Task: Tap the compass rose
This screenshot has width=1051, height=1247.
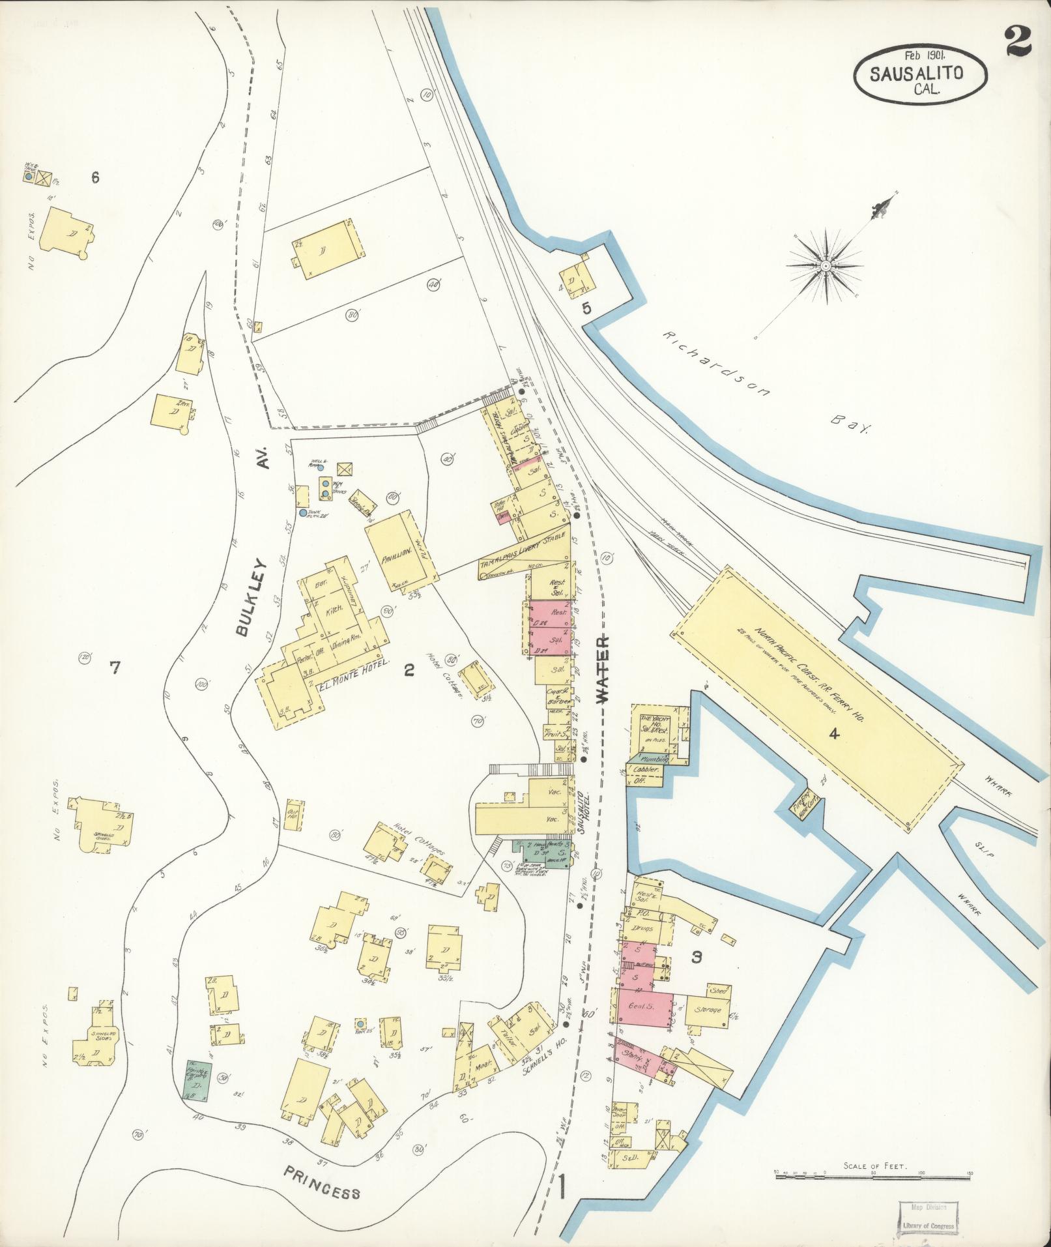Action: pos(826,265)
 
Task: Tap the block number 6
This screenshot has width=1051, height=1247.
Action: pos(96,177)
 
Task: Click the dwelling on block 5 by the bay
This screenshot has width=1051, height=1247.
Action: pos(577,280)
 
